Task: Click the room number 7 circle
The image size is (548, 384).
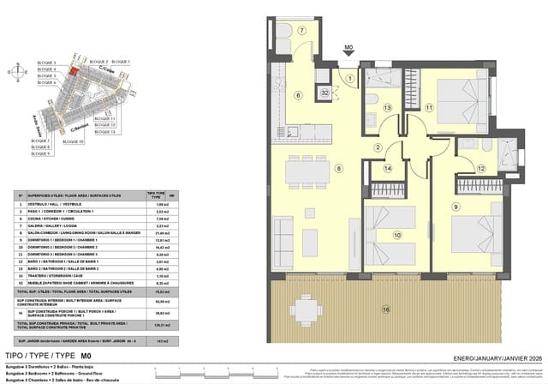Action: click(301, 31)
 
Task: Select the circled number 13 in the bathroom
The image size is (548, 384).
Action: click(388, 107)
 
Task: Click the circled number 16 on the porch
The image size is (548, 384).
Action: click(385, 308)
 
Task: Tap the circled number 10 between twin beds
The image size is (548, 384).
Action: click(396, 234)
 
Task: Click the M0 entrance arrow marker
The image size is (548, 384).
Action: click(348, 51)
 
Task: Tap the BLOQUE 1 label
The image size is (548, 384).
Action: click(122, 62)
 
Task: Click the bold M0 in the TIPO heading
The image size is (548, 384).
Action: click(86, 355)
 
